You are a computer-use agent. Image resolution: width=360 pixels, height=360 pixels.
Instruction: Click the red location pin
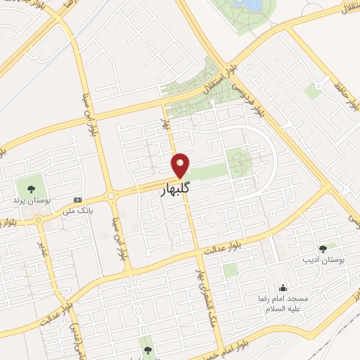(181, 165)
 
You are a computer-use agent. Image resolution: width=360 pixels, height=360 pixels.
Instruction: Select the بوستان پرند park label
(27, 200)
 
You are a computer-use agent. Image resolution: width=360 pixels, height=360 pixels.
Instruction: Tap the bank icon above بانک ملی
(77, 200)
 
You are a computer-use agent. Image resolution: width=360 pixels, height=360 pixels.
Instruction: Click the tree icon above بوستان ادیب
(323, 247)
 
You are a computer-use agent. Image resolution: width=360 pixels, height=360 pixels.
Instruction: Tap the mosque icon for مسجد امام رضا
(283, 288)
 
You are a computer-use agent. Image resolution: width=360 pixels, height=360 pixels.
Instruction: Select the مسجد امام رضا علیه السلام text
(283, 303)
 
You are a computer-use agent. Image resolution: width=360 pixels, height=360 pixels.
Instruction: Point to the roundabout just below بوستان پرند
(38, 220)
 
